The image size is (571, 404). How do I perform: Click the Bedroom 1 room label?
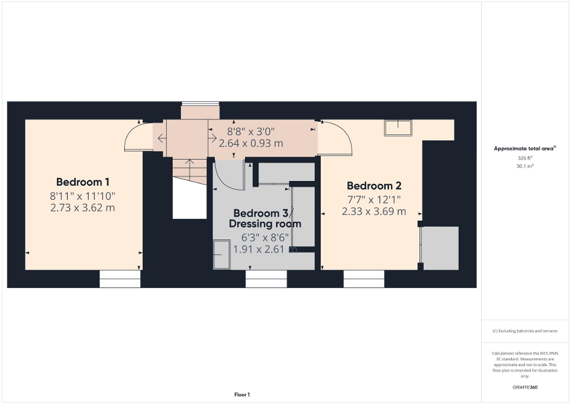click(83, 182)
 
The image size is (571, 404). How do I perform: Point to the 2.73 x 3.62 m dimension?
click(83, 208)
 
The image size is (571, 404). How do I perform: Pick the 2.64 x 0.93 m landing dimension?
click(251, 143)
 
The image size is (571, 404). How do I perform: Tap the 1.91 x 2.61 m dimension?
click(264, 250)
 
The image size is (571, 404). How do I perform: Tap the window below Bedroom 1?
click(120, 279)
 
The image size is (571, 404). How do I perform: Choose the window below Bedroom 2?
click(364, 279)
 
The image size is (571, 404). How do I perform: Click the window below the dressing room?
click(266, 279)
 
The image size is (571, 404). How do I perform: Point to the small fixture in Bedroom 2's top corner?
click(397, 127)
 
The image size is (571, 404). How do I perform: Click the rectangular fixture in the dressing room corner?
click(221, 254)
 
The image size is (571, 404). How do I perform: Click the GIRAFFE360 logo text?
click(525, 387)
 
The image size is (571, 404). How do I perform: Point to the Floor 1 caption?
click(242, 395)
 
